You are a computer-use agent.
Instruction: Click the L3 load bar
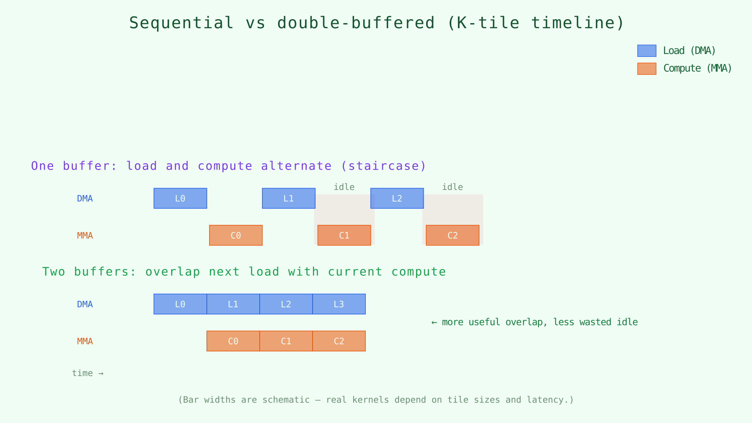click(x=339, y=304)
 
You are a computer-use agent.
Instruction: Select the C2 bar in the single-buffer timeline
click(x=452, y=235)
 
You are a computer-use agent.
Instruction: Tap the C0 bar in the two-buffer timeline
click(x=233, y=341)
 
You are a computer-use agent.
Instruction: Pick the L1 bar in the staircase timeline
click(x=289, y=198)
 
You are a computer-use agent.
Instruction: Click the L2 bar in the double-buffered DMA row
click(x=286, y=304)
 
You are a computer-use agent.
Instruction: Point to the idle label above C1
click(x=344, y=187)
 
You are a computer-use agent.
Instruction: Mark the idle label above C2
click(x=452, y=187)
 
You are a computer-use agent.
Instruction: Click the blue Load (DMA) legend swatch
click(x=647, y=51)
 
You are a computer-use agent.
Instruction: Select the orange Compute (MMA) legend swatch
click(x=647, y=69)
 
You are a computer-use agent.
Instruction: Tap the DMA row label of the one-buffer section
click(x=85, y=199)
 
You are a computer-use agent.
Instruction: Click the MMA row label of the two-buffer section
click(x=85, y=341)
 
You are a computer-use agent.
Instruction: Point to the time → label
click(x=87, y=373)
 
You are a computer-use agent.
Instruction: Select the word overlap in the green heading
click(x=173, y=272)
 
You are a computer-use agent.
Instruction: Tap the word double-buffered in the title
click(x=356, y=23)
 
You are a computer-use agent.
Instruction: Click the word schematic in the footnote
click(x=286, y=400)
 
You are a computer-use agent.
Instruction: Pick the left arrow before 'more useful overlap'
click(x=434, y=322)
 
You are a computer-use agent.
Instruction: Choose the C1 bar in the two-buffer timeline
click(x=286, y=341)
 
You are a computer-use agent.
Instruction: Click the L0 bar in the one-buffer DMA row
click(x=180, y=198)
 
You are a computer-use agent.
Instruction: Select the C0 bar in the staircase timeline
click(x=236, y=235)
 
